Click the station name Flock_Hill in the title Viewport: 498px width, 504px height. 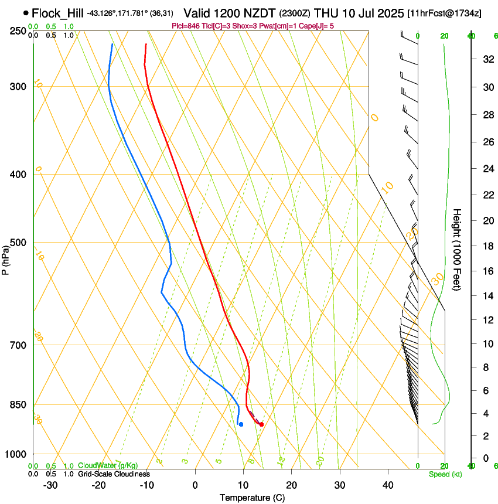(x=57, y=13)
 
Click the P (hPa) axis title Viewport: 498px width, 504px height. (x=5, y=258)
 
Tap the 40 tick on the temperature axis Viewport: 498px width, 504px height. (x=388, y=485)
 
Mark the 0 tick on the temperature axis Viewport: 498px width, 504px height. (x=195, y=485)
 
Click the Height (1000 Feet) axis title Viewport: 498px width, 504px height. (x=457, y=250)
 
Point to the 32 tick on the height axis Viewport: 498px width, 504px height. (x=486, y=59)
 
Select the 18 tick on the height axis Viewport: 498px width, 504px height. (x=486, y=246)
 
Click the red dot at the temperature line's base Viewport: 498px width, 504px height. (x=261, y=424)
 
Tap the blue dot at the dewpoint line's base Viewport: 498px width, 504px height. (x=241, y=424)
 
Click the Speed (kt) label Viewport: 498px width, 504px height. (x=444, y=474)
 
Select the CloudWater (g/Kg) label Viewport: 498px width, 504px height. (x=108, y=466)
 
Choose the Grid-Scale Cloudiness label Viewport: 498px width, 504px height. (x=114, y=474)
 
